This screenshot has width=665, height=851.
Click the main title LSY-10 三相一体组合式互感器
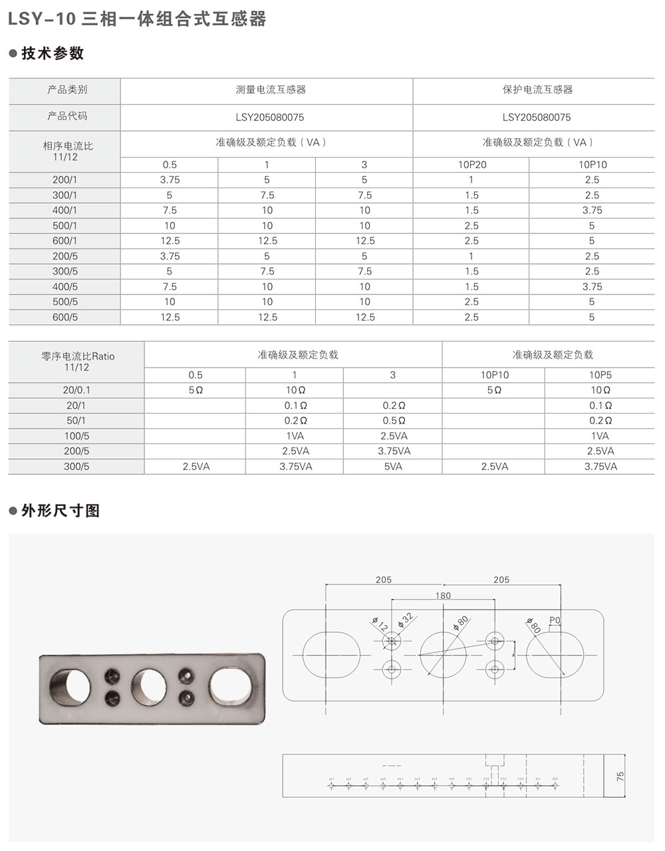pyautogui.click(x=136, y=19)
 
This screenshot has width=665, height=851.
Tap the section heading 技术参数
pyautogui.click(x=53, y=54)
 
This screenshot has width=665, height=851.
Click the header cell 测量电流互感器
pyautogui.click(x=266, y=90)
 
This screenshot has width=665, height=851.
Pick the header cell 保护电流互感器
pyautogui.click(x=537, y=90)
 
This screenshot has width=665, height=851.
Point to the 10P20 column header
pyautogui.click(x=471, y=165)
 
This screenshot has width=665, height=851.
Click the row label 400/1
pyautogui.click(x=65, y=210)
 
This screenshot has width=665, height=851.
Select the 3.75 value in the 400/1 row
pyautogui.click(x=591, y=210)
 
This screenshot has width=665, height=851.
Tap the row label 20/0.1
pyautogui.click(x=76, y=390)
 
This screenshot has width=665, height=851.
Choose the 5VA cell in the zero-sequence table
pyautogui.click(x=392, y=467)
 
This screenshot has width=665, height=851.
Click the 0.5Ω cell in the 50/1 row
pyautogui.click(x=393, y=421)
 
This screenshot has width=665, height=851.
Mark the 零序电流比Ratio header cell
pyautogui.click(x=76, y=361)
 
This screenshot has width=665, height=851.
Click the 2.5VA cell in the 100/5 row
pyautogui.click(x=393, y=436)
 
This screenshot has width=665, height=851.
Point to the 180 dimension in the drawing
pyautogui.click(x=443, y=596)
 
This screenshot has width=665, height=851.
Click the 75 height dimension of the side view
pyautogui.click(x=620, y=777)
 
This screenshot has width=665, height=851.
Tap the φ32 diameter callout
pyautogui.click(x=406, y=620)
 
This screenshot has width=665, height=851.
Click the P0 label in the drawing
pyautogui.click(x=555, y=620)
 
